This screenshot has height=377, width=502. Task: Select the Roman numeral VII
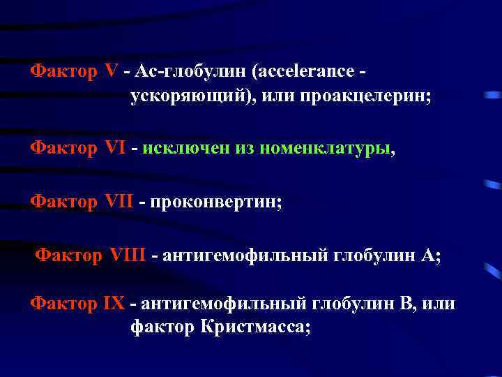click(x=119, y=201)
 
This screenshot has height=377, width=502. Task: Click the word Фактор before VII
click(x=63, y=201)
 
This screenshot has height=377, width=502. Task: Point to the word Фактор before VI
click(x=63, y=148)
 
